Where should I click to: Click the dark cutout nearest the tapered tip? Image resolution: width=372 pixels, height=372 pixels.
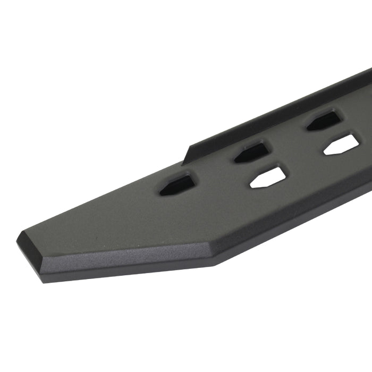point(178,184)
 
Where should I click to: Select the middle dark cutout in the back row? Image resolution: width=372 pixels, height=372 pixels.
point(252,152)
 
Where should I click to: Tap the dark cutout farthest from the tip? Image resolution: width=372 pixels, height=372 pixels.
point(324,121)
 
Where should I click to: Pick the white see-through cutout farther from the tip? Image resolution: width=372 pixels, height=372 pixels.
point(342,144)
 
